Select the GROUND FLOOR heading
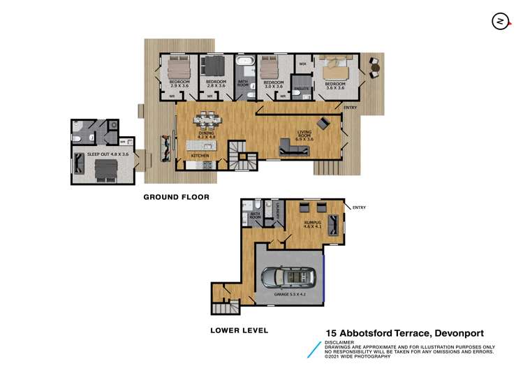176,197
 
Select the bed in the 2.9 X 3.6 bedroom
177,69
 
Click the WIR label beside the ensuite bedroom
302,64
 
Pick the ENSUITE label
302,89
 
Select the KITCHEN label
200,156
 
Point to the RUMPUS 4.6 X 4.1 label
311,225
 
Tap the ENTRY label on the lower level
360,207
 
